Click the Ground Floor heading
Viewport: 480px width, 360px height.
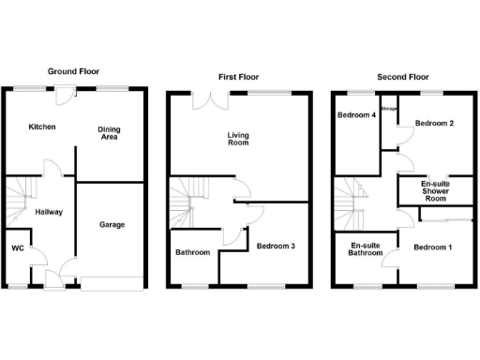73,71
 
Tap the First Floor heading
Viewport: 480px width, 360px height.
238,77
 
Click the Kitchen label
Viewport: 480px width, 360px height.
41,127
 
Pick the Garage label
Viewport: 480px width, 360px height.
112,224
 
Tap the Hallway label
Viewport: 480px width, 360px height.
49,212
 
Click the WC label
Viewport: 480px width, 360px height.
17,248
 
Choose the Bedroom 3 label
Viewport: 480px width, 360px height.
277,247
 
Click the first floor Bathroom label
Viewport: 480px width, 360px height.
194,252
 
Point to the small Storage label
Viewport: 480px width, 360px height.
389,110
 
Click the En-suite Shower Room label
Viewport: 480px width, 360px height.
433,190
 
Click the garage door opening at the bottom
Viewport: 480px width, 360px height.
112,284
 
